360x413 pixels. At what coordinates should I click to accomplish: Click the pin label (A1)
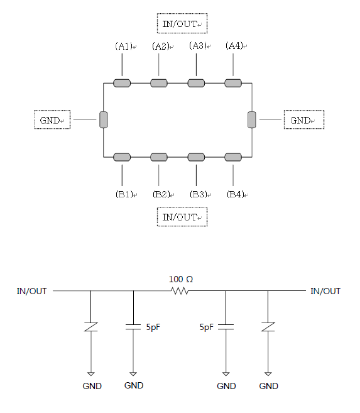(x=123, y=46)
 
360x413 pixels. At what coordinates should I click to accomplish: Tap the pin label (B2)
(x=161, y=194)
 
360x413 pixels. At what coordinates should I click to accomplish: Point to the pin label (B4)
(x=235, y=194)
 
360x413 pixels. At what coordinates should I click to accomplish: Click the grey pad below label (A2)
(x=159, y=83)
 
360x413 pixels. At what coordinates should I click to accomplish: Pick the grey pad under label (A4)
(x=233, y=83)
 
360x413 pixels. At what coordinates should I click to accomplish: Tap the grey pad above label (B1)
(x=122, y=157)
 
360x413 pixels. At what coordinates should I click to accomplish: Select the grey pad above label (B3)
(x=196, y=157)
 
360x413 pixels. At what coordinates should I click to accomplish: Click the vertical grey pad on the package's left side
(x=104, y=120)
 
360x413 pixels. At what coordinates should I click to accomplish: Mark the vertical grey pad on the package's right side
(x=252, y=120)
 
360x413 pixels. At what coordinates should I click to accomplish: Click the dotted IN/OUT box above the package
(x=182, y=23)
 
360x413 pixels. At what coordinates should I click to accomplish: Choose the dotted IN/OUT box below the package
(x=182, y=217)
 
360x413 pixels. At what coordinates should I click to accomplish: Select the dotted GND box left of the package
(x=52, y=119)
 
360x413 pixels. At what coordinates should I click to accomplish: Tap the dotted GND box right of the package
(x=304, y=119)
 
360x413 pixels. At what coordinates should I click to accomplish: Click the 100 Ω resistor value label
(x=181, y=279)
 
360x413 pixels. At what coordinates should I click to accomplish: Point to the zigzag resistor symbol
(x=180, y=291)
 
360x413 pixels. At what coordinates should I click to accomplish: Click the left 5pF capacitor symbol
(x=133, y=327)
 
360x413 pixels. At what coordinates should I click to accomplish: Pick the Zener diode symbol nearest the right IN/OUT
(x=268, y=327)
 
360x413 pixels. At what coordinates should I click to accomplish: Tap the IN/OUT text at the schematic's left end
(x=31, y=291)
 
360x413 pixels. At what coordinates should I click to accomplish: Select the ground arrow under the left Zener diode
(x=91, y=374)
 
